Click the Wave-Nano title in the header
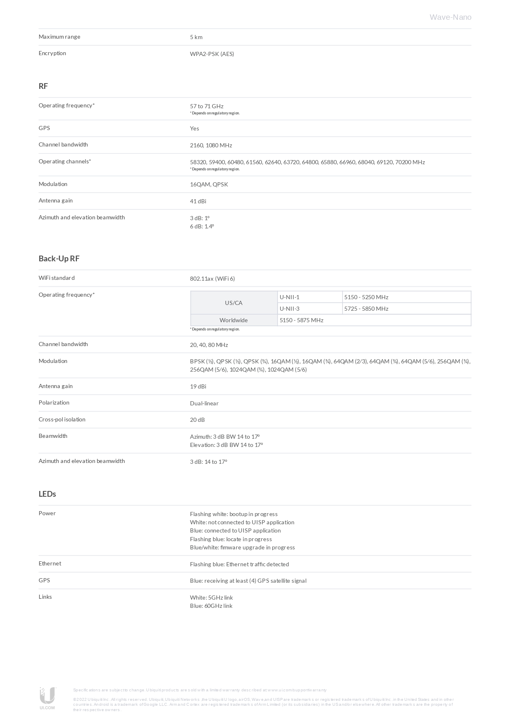coord(450,17)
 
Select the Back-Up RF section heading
coord(59,258)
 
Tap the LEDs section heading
coord(47,494)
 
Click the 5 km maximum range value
coord(196,37)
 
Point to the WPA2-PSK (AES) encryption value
coord(212,54)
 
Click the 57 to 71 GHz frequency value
coord(206,106)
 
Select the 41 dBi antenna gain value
coord(198,201)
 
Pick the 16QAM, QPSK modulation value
coord(209,184)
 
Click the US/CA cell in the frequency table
coord(234,303)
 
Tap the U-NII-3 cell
coord(290,309)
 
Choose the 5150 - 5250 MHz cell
coord(366,297)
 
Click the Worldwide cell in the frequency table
coord(234,320)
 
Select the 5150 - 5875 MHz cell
coord(301,320)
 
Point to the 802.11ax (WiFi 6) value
coord(212,279)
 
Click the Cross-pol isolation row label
coord(62,419)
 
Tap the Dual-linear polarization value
coord(204,403)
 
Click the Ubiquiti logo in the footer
coord(47,698)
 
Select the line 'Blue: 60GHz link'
coord(211,606)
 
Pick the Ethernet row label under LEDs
coord(50,563)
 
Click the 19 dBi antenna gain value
coord(198,386)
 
